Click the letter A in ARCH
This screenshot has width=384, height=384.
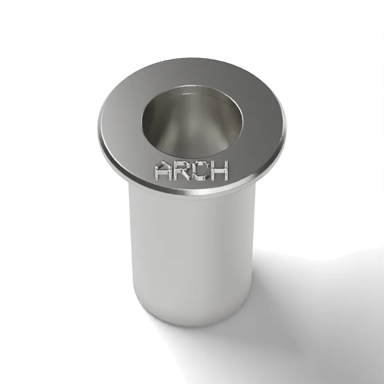(x=163, y=170)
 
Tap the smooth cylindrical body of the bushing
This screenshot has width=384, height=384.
(x=192, y=252)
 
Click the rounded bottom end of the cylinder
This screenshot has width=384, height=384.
(x=192, y=321)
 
